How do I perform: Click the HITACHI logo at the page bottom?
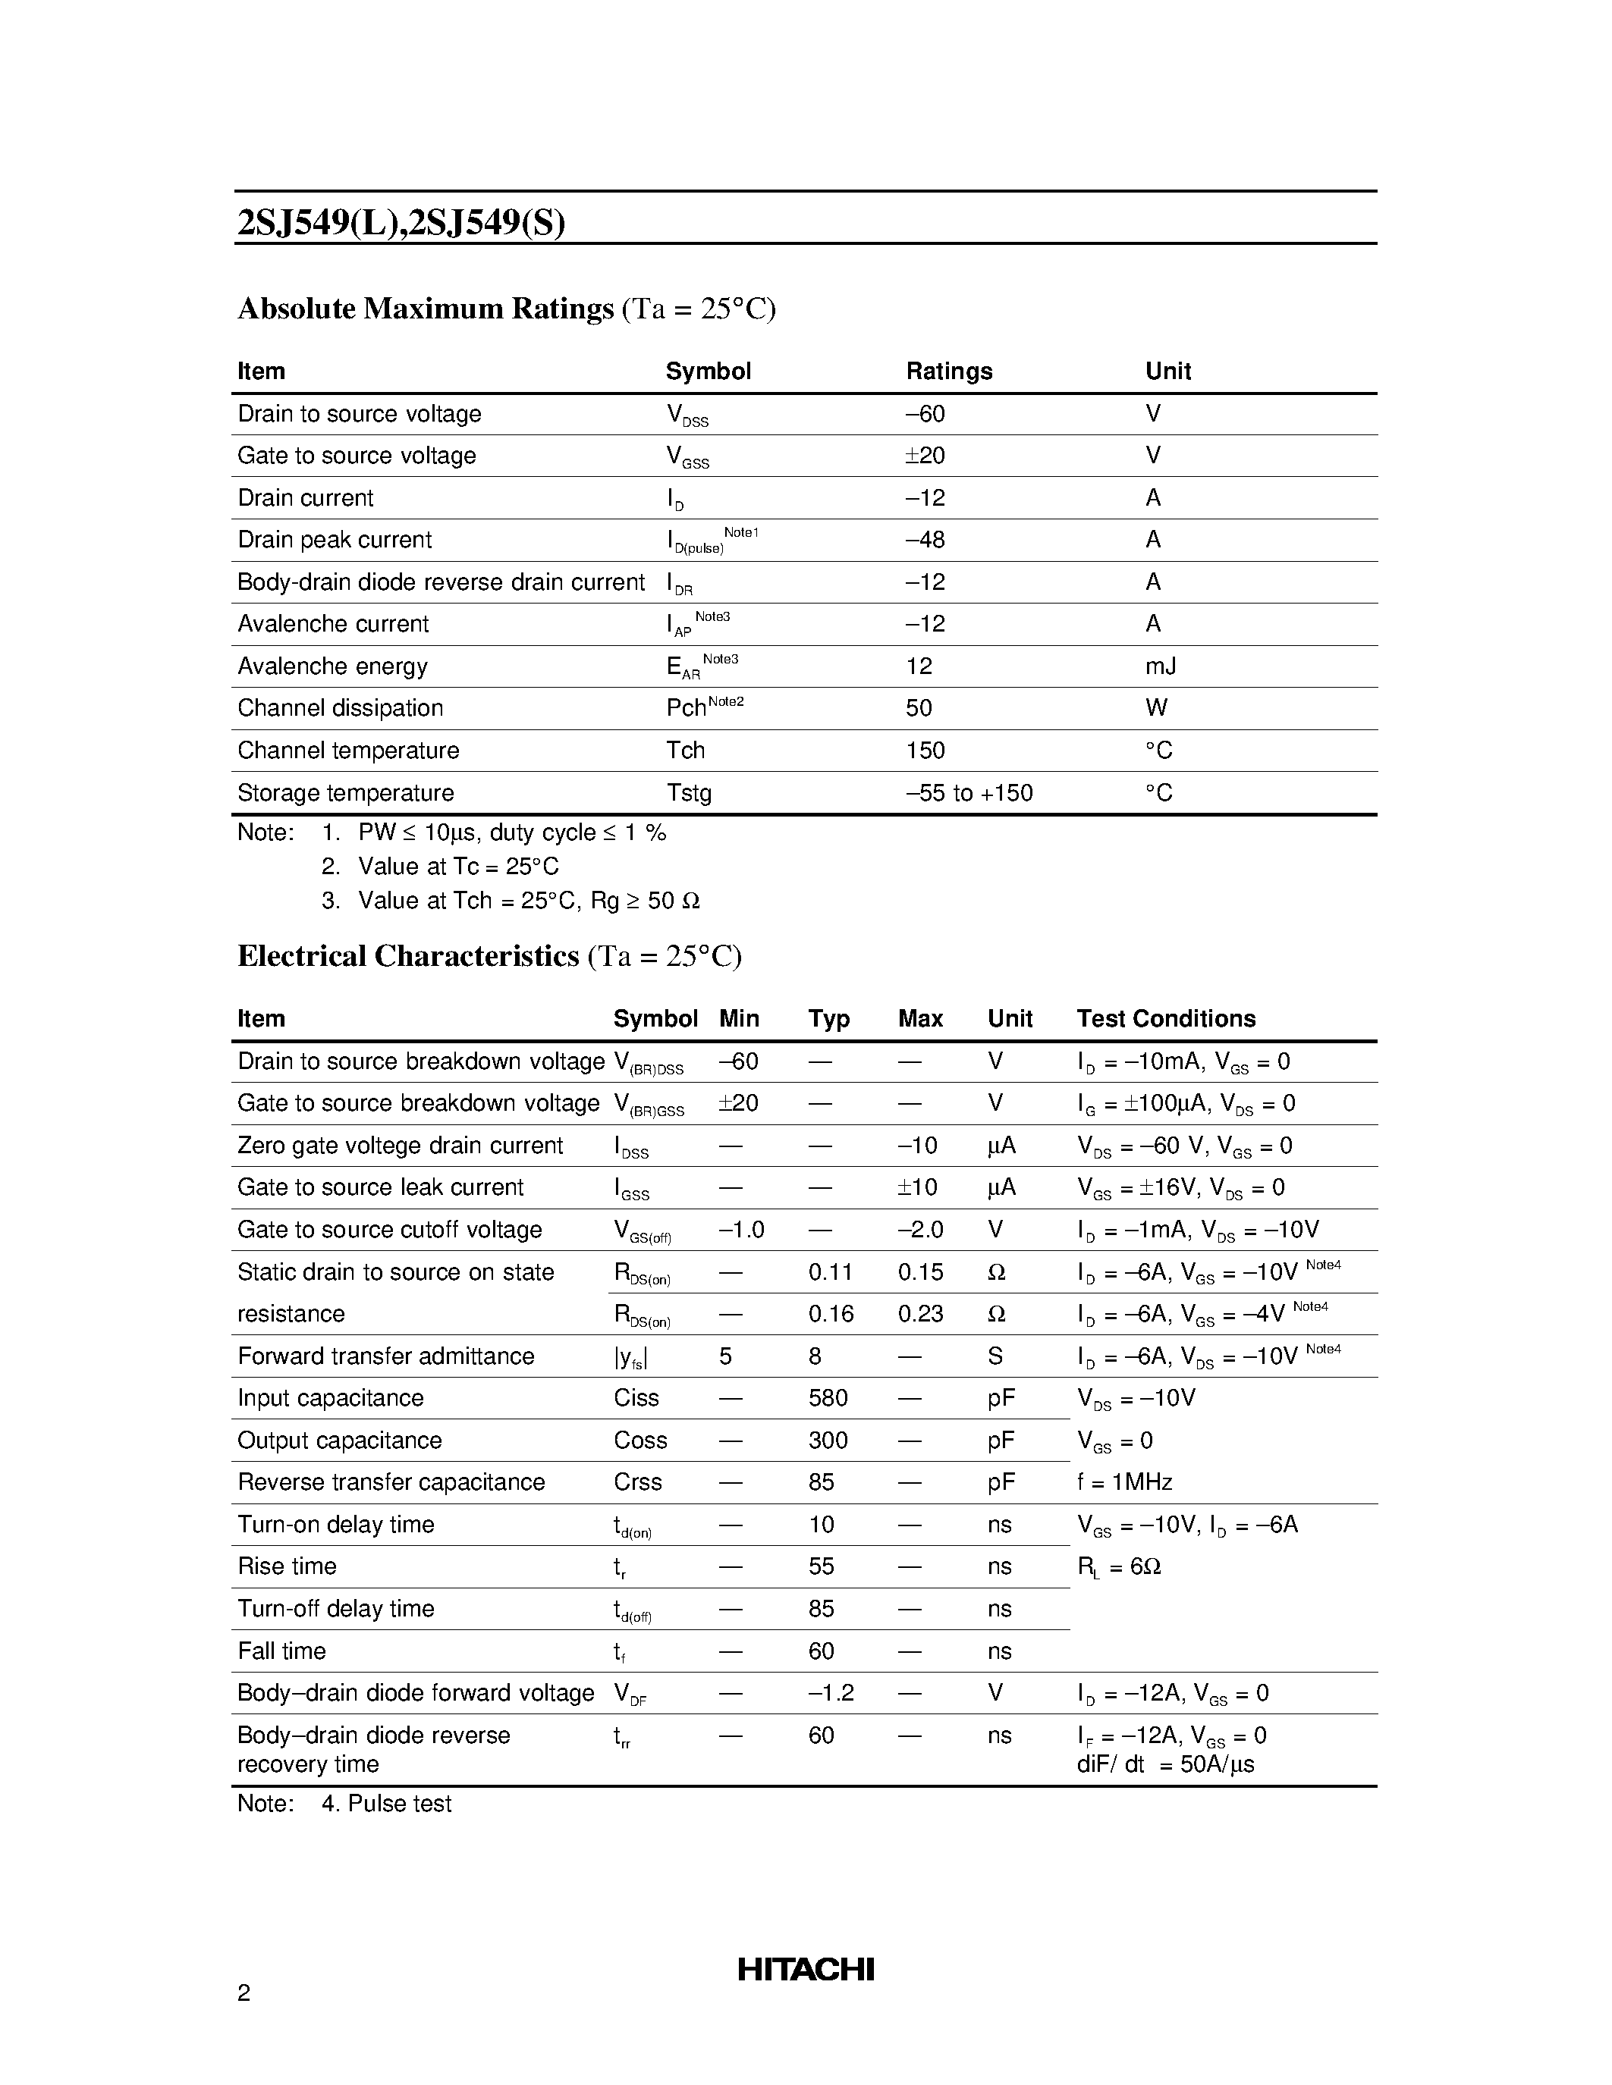[805, 1968]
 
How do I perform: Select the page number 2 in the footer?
[244, 1993]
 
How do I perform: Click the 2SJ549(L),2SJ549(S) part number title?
[401, 222]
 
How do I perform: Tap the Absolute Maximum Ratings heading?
[426, 309]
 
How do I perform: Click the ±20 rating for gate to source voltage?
[925, 456]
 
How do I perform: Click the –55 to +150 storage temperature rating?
[969, 792]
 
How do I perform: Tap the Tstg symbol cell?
[689, 792]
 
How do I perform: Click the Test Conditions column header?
[1165, 1019]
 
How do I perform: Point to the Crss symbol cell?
[637, 1481]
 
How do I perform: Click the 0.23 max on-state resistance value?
[919, 1314]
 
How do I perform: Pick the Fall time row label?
[281, 1651]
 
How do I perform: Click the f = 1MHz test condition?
[1124, 1481]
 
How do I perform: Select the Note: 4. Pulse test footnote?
[344, 1804]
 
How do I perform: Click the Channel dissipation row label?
[340, 707]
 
